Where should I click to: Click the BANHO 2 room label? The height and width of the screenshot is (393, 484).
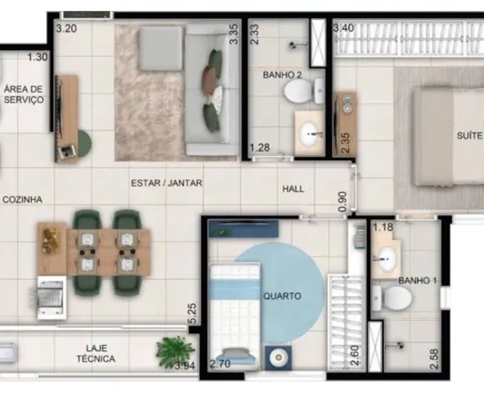pos(282,75)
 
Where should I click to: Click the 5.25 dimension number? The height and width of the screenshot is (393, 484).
pos(192,314)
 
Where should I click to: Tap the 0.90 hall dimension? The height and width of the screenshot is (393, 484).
pos(343,202)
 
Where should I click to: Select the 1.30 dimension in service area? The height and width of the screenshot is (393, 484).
pos(38,57)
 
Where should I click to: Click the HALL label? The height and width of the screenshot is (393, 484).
pos(293,189)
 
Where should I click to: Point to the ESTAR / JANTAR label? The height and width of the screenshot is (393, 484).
pos(167,183)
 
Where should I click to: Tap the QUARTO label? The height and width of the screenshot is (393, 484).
pos(282,296)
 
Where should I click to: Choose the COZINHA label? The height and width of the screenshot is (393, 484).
pos(22,200)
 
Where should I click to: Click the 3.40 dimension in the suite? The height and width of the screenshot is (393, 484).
pos(344,28)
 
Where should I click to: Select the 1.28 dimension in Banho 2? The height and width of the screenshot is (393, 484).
pos(260,148)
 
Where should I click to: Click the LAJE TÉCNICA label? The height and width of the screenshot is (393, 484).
pos(96,354)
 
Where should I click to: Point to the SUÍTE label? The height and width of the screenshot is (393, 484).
pos(470,136)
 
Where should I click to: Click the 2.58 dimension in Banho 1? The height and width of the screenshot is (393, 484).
pos(434,359)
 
